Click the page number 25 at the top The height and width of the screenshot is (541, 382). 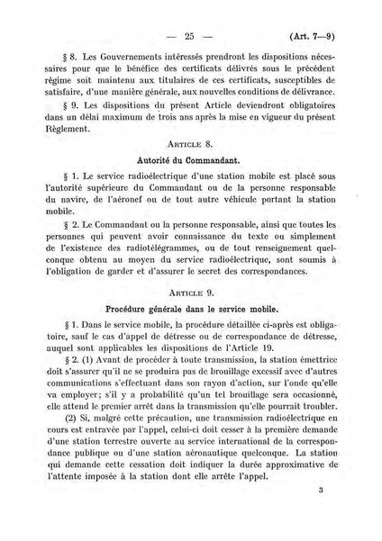(189, 38)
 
